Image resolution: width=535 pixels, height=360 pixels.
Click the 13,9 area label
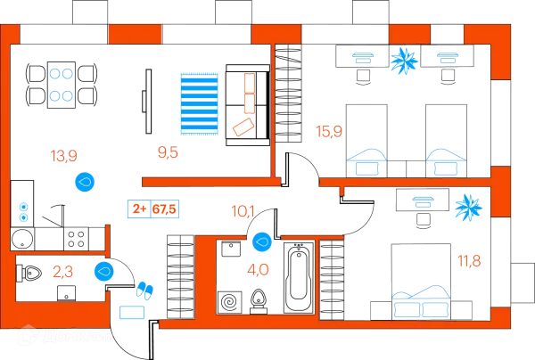click(65, 156)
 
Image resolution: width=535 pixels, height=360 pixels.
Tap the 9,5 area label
click(167, 152)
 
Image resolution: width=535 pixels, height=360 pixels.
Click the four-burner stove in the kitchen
click(76, 239)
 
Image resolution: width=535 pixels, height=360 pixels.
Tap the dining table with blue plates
click(59, 82)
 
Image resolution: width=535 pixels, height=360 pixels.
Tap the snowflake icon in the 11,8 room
click(467, 209)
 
